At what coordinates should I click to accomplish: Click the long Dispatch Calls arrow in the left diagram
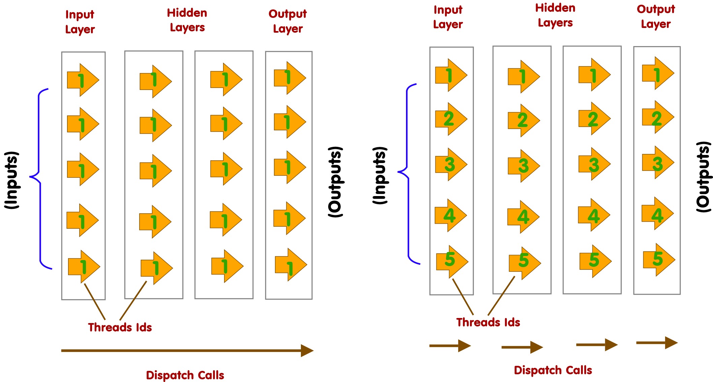187,351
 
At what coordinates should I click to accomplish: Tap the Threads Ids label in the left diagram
120,327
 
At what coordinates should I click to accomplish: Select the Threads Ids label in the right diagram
488,322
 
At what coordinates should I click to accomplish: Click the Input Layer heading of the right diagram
448,17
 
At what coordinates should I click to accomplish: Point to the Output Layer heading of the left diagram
287,21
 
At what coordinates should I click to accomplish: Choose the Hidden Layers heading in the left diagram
187,20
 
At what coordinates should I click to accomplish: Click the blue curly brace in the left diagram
40,179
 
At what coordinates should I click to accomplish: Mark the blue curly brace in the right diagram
408,173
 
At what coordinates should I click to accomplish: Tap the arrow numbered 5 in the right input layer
452,261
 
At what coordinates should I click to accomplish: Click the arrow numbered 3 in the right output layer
658,163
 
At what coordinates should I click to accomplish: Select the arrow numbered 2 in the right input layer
451,119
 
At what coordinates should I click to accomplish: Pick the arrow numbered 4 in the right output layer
657,214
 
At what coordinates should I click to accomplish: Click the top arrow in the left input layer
83,80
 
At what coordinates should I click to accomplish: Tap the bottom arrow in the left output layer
290,265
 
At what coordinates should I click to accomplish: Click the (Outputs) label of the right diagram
704,177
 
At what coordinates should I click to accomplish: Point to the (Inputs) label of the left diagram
12,180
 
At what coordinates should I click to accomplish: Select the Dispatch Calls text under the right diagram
553,370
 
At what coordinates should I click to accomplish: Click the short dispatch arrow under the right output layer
656,343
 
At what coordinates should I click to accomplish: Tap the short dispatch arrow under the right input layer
450,346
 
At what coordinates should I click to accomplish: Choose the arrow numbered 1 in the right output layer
658,73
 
